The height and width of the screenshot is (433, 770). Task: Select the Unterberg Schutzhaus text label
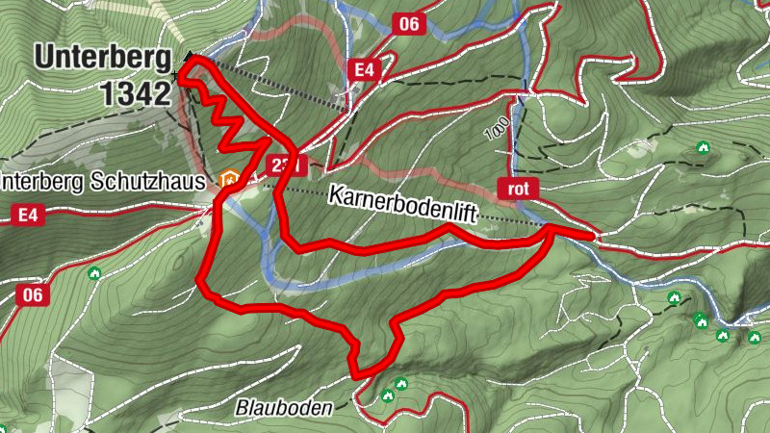click(102, 181)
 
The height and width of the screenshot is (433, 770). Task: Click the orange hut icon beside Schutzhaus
click(229, 179)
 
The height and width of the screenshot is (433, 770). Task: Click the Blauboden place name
click(284, 408)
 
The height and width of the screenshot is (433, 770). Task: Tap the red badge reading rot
click(518, 188)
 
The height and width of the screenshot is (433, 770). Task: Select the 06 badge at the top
click(409, 24)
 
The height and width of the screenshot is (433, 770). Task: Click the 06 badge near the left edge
click(32, 295)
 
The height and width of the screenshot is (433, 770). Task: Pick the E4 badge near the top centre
click(363, 69)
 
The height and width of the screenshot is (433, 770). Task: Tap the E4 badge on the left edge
click(30, 216)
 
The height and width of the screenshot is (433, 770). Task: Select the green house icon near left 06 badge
click(94, 274)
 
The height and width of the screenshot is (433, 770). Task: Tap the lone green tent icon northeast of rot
click(702, 148)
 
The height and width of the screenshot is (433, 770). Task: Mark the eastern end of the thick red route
click(591, 234)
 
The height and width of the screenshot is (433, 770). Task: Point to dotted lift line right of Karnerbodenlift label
click(510, 222)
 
